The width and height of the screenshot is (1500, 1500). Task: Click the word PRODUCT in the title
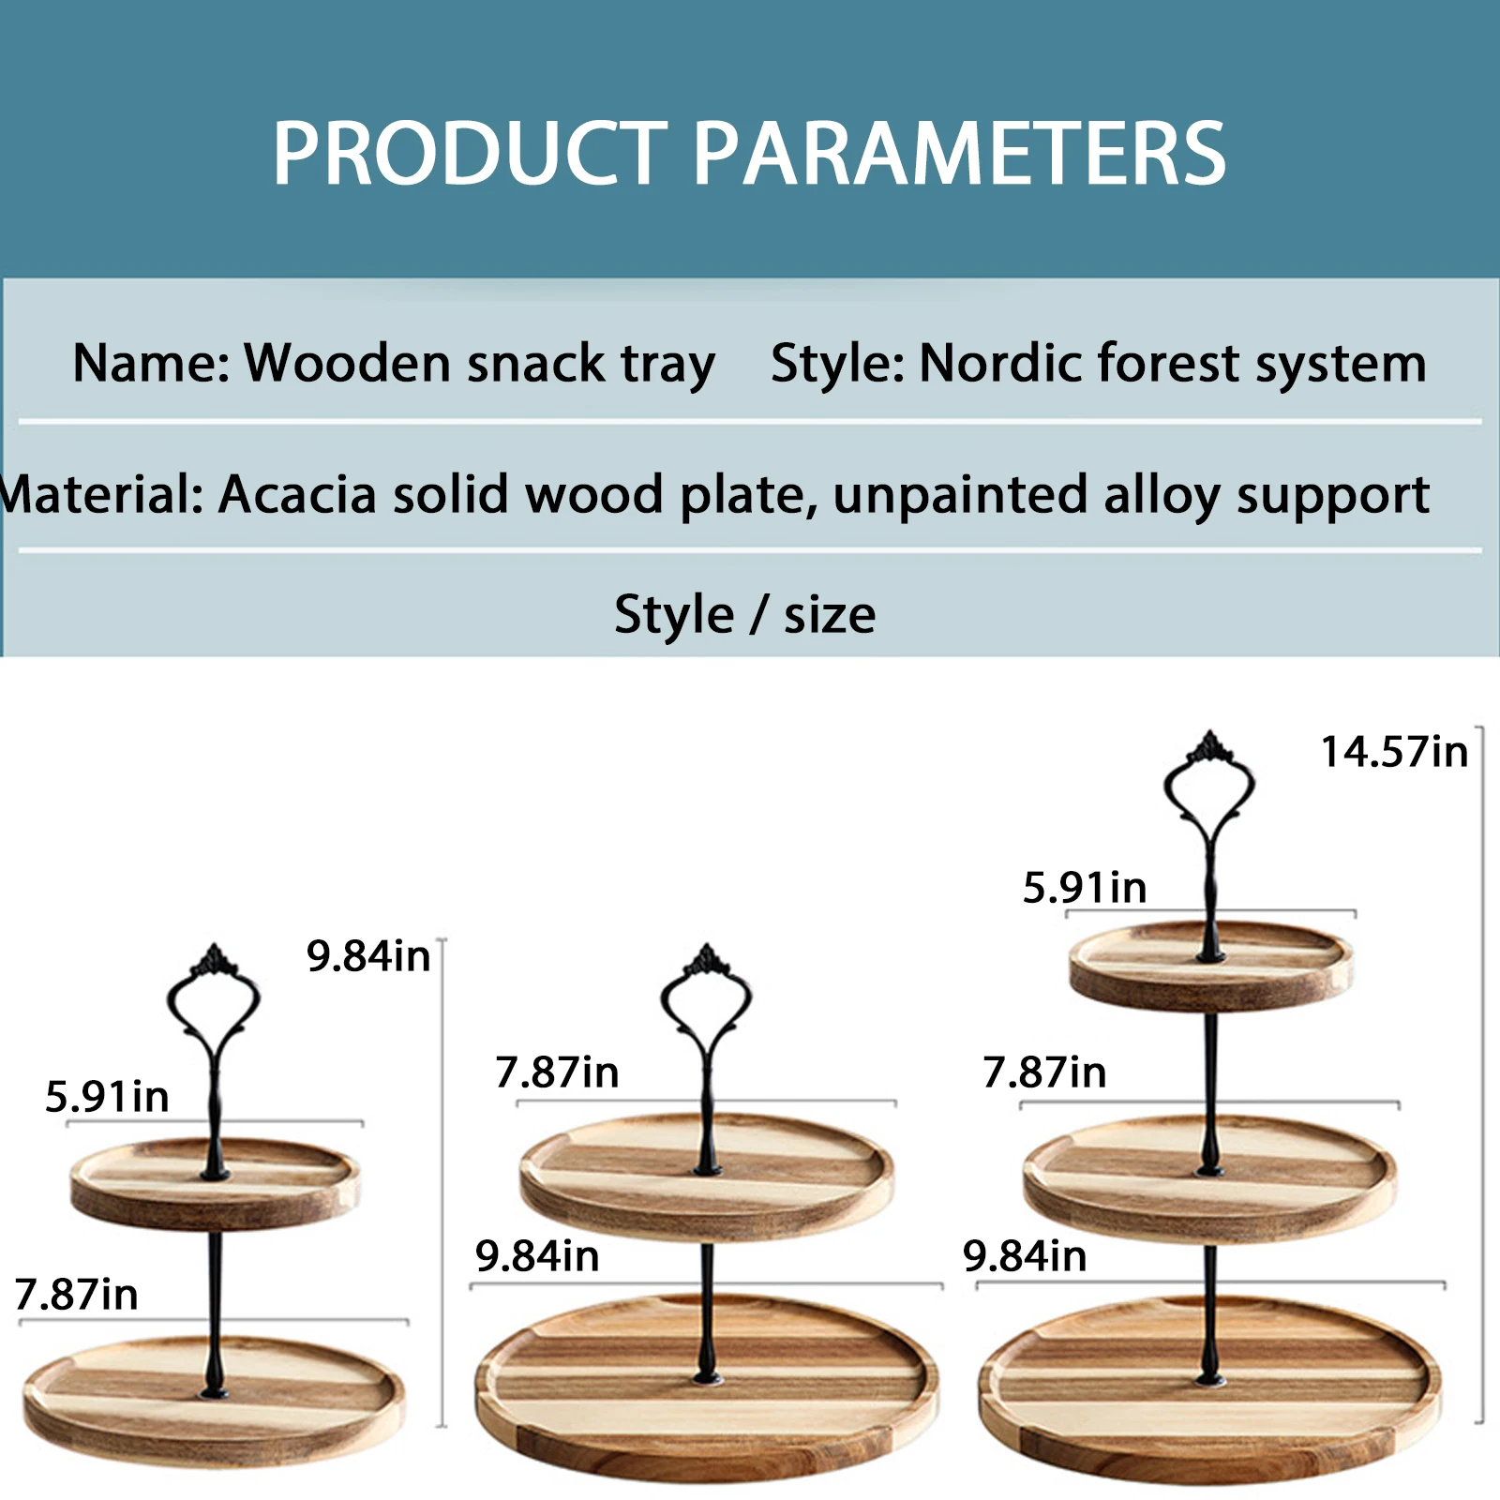coord(470,154)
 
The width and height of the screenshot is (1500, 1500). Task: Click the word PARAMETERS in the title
coord(959,154)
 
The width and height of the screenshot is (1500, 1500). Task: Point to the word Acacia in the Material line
coord(297,494)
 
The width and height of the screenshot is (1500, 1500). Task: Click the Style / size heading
coord(745,615)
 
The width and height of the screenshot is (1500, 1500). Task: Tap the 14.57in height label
coord(1394,752)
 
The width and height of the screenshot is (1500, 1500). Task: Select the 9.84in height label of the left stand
coord(368,956)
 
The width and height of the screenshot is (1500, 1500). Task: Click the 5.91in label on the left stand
coord(107,1097)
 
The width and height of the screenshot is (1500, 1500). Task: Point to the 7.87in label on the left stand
coord(76,1295)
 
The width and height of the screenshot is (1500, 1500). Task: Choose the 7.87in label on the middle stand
coord(557,1072)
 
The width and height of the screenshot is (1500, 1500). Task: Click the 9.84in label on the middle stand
coord(537,1256)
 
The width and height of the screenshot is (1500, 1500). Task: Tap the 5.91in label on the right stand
coord(1085,888)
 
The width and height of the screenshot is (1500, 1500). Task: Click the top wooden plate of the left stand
coord(215,1184)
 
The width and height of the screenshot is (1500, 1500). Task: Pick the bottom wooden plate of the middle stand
coord(706,1387)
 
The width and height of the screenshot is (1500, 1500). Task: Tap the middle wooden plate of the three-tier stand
coord(1209,1179)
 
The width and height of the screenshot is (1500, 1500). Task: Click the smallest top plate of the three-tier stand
coord(1210,966)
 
